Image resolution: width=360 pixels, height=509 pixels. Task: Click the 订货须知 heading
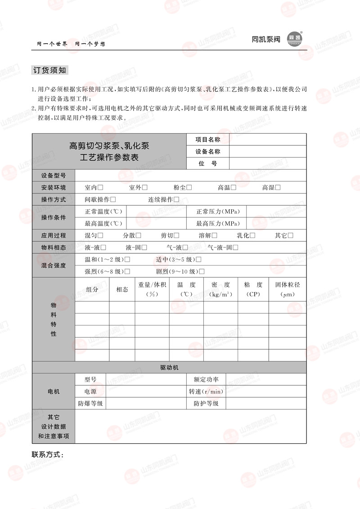50,70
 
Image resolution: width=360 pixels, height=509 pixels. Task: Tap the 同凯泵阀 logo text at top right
266,40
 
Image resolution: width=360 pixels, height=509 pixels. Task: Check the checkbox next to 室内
100,188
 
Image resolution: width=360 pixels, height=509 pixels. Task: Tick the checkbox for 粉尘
189,188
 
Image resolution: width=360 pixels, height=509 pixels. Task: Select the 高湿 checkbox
278,188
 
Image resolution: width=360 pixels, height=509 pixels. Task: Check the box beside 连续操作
176,200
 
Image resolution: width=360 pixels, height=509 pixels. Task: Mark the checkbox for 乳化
252,235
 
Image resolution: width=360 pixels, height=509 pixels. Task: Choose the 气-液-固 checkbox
235,248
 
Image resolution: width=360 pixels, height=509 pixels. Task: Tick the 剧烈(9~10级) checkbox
202,271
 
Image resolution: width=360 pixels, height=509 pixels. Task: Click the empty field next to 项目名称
267,140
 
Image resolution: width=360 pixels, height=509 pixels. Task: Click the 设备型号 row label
54,176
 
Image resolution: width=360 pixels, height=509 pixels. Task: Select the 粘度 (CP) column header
253,289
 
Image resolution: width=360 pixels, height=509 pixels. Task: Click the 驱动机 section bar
169,368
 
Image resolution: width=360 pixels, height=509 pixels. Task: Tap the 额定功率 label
206,379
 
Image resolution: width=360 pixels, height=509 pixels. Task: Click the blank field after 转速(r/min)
265,392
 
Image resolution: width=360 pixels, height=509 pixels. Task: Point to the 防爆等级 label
90,404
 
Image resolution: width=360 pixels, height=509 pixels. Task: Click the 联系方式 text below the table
48,455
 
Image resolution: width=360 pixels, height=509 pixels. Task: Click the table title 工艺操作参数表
109,158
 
